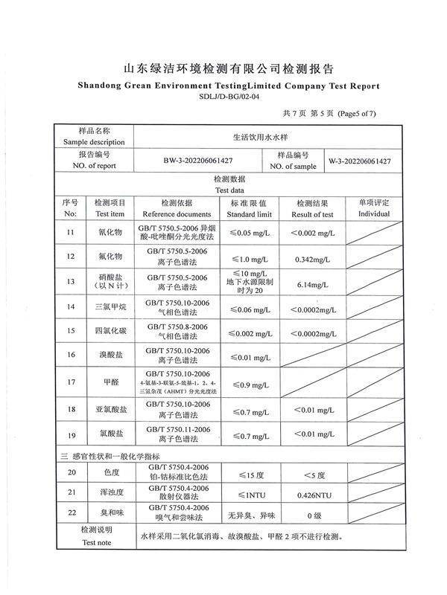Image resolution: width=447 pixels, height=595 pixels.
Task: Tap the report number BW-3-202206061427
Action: (198, 161)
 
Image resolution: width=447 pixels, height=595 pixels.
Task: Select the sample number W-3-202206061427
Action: (360, 161)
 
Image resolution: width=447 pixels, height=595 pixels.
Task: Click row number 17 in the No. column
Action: (71, 382)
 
